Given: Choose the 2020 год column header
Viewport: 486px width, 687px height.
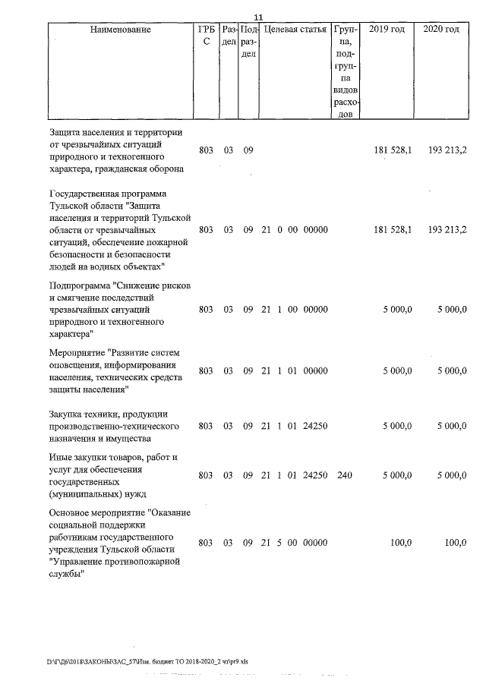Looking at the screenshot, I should point(441,30).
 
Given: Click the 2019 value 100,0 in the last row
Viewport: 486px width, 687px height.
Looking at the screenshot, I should point(400,543).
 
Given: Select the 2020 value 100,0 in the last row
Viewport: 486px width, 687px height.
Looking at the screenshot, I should point(455,543).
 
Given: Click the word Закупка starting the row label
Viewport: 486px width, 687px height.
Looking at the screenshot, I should point(65,414).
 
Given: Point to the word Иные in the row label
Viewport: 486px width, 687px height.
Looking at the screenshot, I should point(60,458).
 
